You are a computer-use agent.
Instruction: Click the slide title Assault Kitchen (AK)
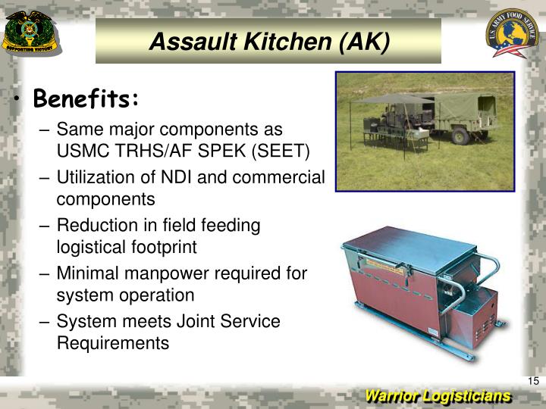268,41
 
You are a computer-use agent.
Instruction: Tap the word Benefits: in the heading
86,98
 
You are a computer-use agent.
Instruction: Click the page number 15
532,380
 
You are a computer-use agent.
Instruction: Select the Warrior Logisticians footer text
438,396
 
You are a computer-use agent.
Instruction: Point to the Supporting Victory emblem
31,34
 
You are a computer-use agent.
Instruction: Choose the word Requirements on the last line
113,342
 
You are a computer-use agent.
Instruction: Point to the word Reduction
94,226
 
